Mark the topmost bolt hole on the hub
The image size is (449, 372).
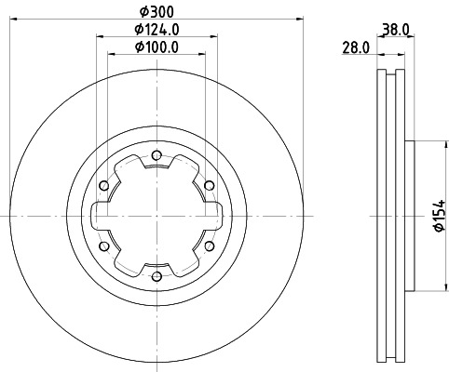click(x=156, y=155)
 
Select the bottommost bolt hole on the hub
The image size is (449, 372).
click(x=156, y=276)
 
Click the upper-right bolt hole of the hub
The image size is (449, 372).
click(x=208, y=185)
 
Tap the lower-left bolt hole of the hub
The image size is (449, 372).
click(x=103, y=246)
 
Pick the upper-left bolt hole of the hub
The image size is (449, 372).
click(x=103, y=185)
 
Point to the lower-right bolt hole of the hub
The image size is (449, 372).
click(x=208, y=246)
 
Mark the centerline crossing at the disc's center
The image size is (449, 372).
click(x=156, y=216)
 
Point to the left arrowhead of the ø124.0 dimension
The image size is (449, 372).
click(x=99, y=37)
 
